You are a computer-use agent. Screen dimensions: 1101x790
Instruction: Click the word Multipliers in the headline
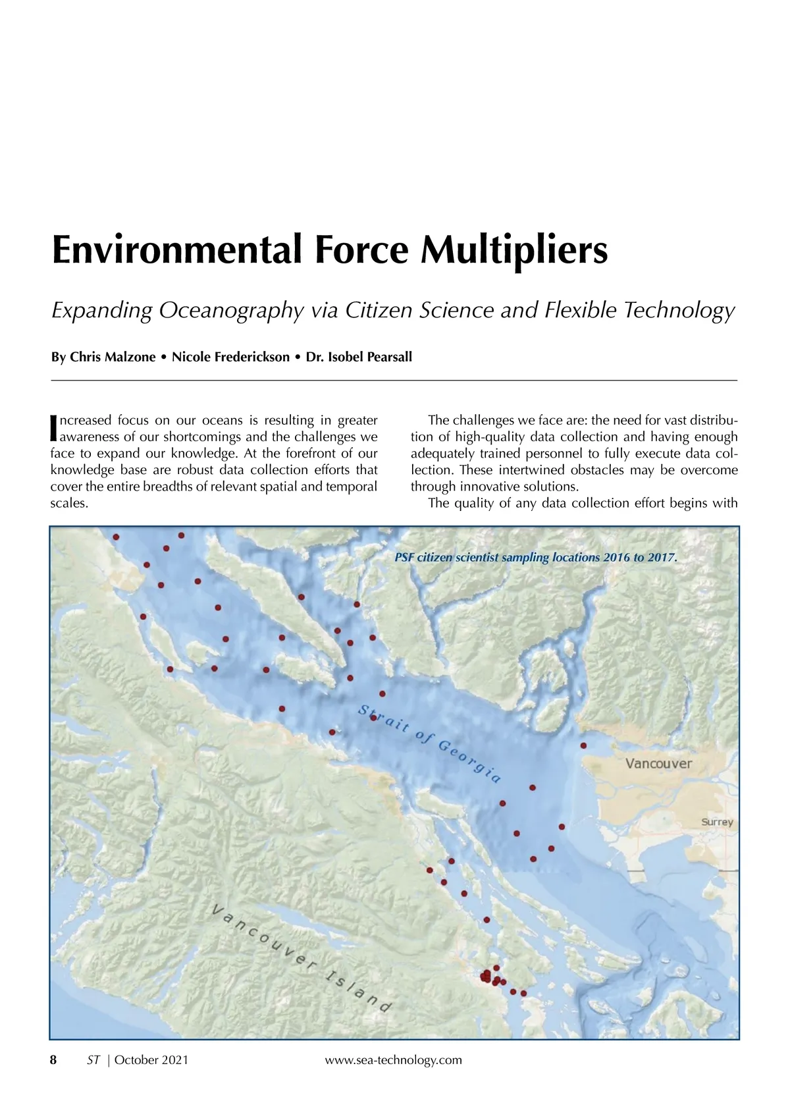[513, 250]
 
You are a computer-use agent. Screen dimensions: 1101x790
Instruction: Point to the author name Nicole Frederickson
[230, 357]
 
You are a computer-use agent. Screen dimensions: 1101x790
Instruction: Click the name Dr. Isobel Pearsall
[359, 357]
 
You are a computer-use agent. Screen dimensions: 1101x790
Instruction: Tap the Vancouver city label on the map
[658, 764]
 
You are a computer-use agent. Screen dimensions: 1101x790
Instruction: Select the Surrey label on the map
[716, 822]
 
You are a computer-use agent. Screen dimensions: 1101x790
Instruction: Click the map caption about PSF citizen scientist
[535, 558]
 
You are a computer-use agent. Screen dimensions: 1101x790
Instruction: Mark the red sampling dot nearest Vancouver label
[583, 745]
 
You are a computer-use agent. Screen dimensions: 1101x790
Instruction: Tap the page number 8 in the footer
[54, 1060]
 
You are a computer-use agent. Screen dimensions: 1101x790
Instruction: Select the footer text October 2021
[151, 1060]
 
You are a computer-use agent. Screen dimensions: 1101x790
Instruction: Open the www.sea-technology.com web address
[394, 1060]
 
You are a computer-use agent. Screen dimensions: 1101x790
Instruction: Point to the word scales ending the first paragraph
[68, 504]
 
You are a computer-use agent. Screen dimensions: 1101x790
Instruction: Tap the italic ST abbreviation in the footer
[93, 1060]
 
